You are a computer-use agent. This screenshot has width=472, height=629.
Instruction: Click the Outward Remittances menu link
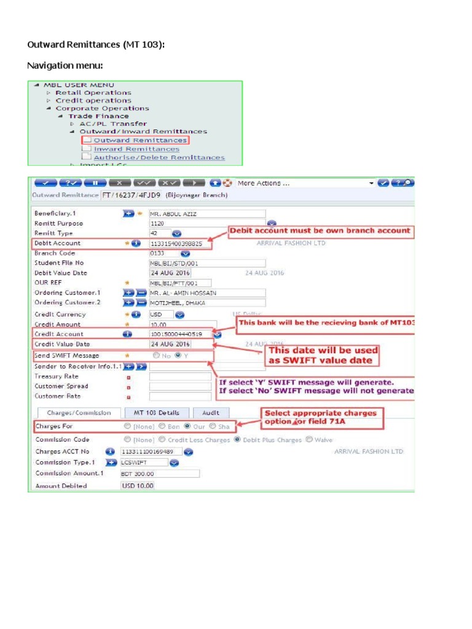coord(140,140)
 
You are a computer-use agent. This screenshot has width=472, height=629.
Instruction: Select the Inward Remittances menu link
coord(136,149)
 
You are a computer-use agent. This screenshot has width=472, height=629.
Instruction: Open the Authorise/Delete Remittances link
coord(159,157)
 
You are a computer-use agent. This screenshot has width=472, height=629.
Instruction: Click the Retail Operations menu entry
coord(93,93)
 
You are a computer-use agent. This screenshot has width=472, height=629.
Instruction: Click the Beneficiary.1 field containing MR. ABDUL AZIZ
coord(207,214)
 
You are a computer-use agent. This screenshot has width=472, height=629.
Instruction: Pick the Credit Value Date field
coord(170,344)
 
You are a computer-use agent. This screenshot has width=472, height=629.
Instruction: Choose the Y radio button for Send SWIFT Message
coord(178,356)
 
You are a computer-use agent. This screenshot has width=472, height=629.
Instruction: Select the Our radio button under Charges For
coord(187,426)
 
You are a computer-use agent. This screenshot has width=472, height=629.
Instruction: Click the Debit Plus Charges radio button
coord(237,440)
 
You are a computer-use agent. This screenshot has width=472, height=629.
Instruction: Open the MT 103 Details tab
coord(157,413)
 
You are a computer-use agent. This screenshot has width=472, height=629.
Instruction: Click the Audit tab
coord(210,413)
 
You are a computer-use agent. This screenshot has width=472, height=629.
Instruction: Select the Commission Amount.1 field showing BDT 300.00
coord(160,474)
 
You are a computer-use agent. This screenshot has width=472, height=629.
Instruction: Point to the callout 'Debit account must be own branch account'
coord(319,230)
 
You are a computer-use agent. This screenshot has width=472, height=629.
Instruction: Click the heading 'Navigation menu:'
coord(65,65)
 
